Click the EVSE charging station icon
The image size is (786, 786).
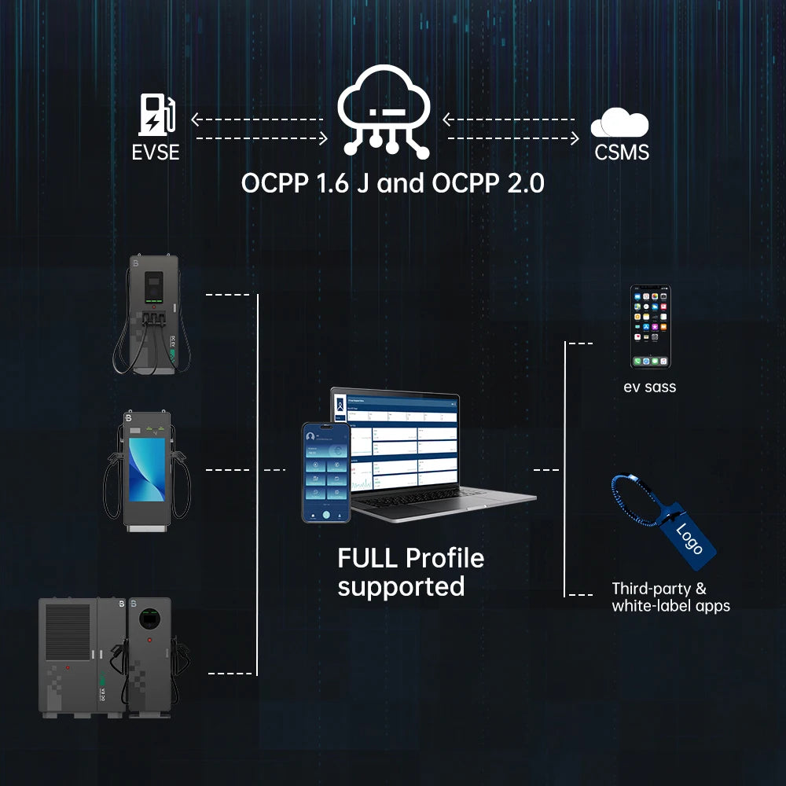(157, 115)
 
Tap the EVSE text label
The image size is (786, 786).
(156, 151)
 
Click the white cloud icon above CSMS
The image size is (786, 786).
(620, 124)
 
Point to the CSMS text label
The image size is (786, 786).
(622, 152)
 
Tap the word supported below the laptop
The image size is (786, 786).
(401, 586)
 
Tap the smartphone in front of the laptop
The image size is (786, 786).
(325, 472)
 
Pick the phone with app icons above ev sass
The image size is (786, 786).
(650, 326)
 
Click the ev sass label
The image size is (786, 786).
(649, 387)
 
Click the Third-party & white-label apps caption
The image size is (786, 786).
(670, 597)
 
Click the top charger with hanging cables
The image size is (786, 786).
(152, 314)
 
